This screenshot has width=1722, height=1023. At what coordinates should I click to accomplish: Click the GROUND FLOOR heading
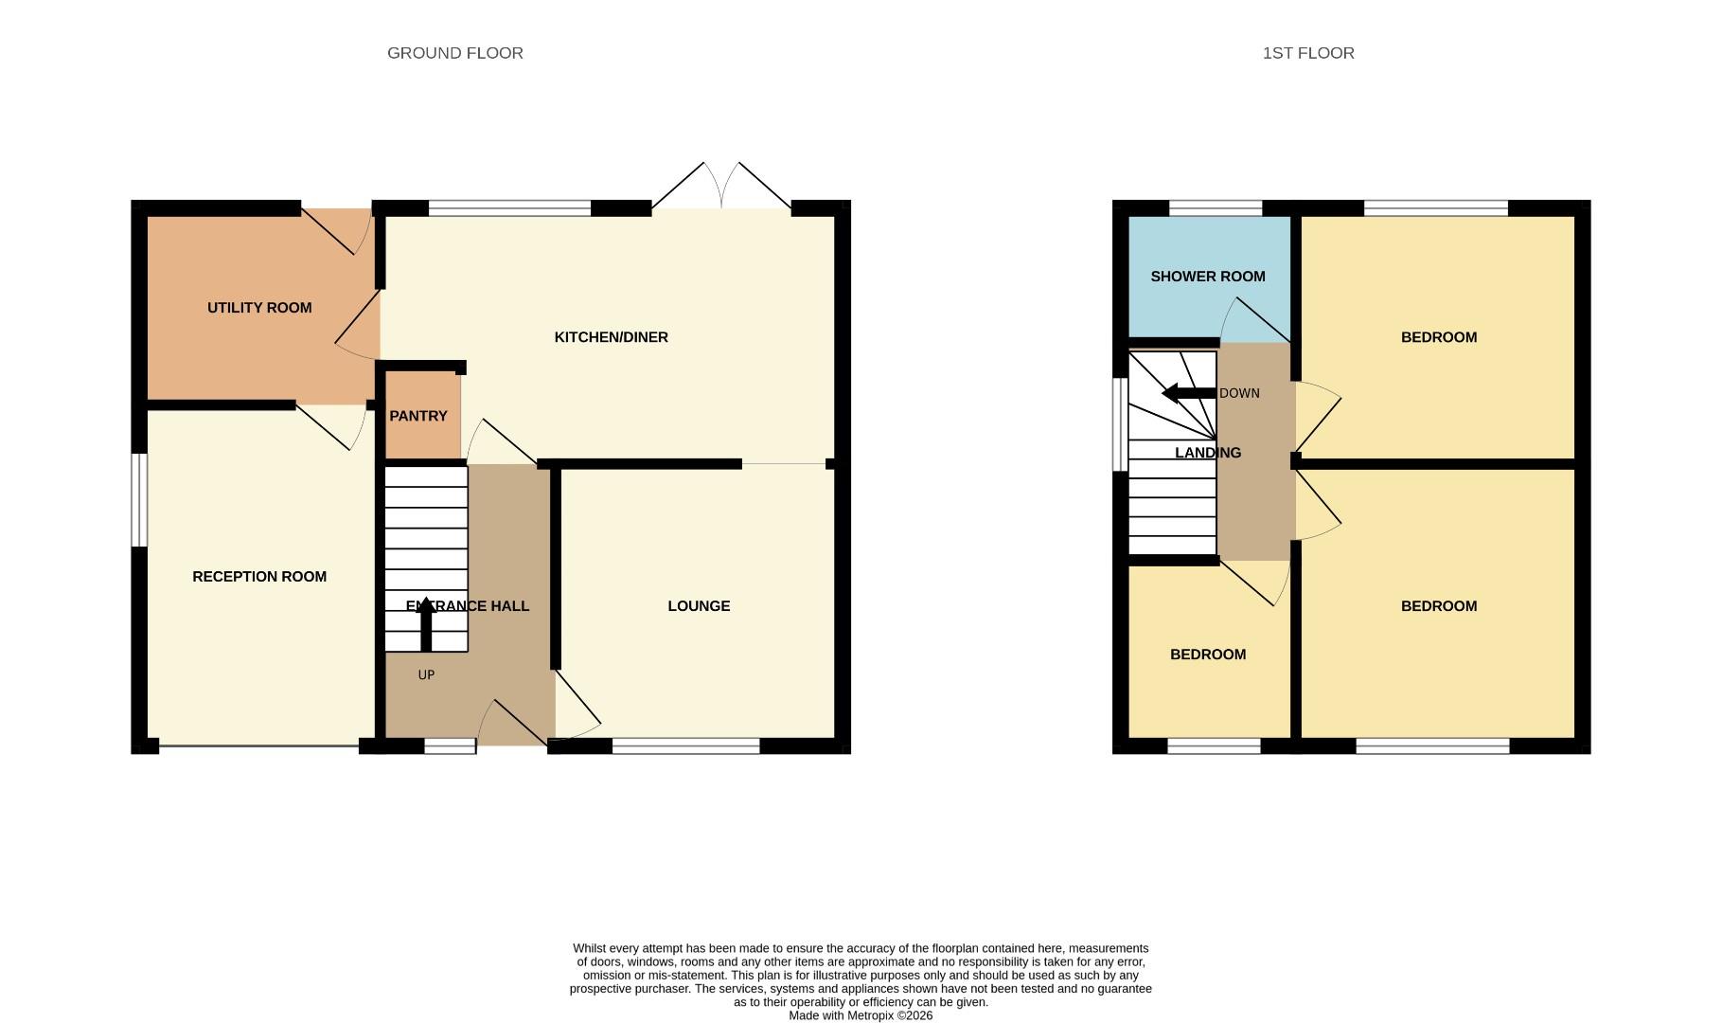(x=454, y=53)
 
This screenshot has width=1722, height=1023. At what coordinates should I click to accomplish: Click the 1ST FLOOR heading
(x=1307, y=53)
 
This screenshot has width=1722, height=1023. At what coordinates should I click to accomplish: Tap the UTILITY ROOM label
(x=259, y=308)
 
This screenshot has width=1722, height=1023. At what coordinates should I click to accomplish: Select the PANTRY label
(x=417, y=416)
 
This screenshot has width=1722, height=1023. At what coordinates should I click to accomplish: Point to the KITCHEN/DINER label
(x=611, y=337)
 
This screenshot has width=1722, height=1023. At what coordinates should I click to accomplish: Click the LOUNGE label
(x=699, y=606)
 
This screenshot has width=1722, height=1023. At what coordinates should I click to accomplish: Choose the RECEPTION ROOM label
(x=259, y=577)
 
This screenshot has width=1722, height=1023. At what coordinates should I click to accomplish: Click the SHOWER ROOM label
(x=1207, y=277)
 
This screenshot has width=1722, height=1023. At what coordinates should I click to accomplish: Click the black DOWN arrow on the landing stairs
(x=1187, y=393)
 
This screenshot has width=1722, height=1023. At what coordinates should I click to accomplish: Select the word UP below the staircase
(x=426, y=675)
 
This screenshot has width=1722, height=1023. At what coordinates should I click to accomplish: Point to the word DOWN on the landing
(x=1239, y=393)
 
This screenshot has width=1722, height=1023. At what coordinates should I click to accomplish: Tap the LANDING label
(x=1207, y=453)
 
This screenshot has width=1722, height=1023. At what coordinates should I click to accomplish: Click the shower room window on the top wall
(x=1216, y=208)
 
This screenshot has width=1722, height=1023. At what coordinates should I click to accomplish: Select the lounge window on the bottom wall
(x=685, y=746)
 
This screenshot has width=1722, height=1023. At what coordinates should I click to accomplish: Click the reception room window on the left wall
(x=139, y=499)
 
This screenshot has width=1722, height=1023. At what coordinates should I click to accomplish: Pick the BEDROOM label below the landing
(x=1207, y=655)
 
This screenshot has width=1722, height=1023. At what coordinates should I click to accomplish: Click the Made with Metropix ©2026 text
(x=860, y=1015)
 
